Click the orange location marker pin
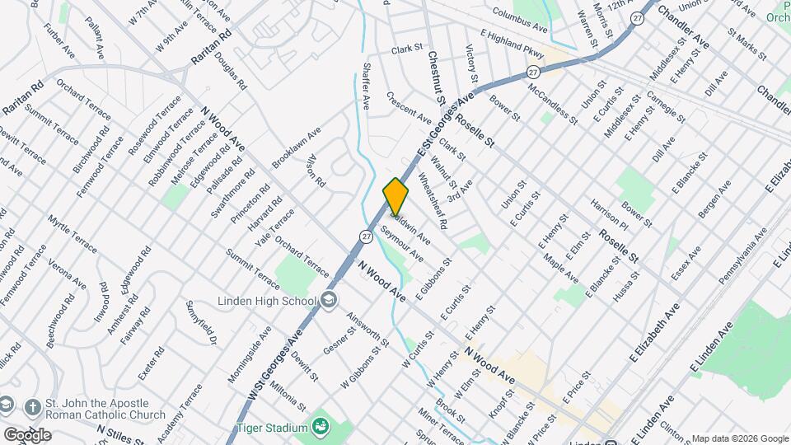(395, 197)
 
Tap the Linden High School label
(266, 300)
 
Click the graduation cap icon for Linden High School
(329, 301)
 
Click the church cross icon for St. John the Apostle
(32, 408)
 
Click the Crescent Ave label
(408, 108)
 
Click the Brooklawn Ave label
(296, 149)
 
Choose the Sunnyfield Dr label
(200, 322)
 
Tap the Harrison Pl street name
(609, 212)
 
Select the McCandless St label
(551, 102)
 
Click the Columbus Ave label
(520, 21)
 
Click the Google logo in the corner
(27, 434)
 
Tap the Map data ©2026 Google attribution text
(739, 438)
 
